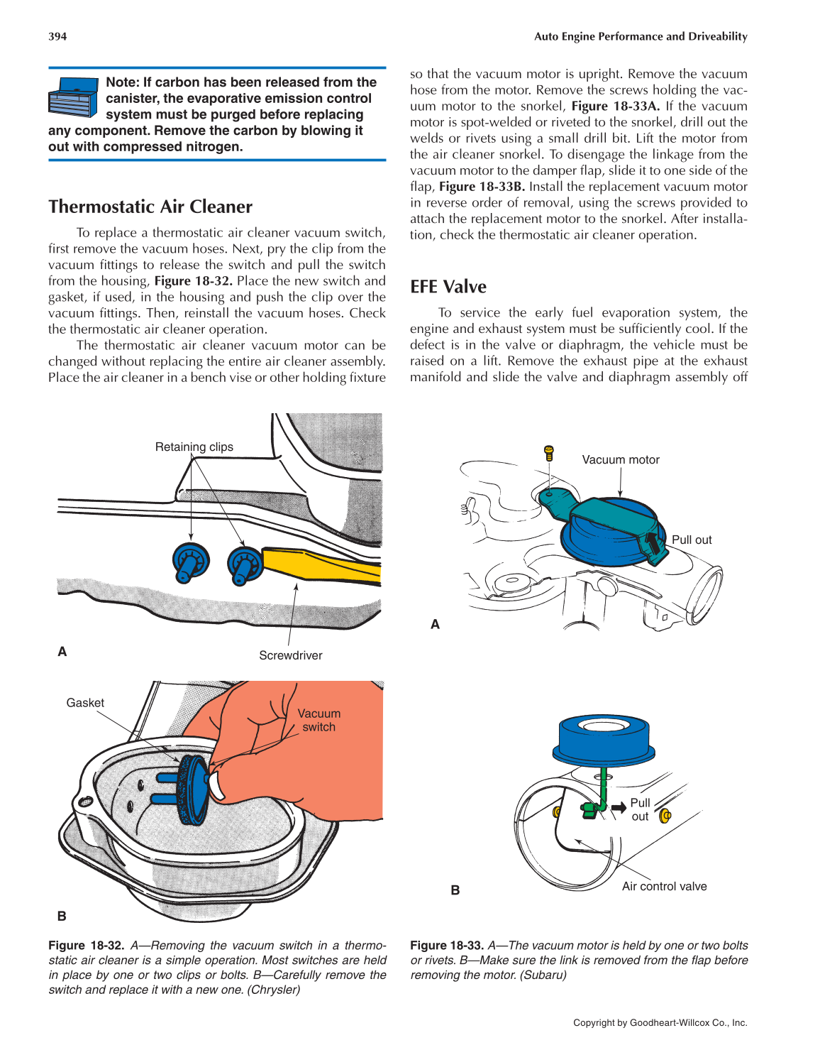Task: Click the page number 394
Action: [57, 36]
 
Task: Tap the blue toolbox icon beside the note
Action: [73, 97]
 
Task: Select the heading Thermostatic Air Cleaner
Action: [150, 207]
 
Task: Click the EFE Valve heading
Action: [448, 287]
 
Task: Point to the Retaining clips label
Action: [194, 447]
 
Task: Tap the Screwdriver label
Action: [290, 655]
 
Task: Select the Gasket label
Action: [85, 703]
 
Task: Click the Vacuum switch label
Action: [318, 720]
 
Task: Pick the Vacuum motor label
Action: [621, 460]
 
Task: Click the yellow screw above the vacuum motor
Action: [548, 452]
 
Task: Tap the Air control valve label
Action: [664, 886]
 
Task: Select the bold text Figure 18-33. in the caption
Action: [447, 946]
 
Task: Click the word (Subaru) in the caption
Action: [543, 975]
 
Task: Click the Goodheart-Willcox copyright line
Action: [660, 1023]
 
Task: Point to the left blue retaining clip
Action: [190, 561]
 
